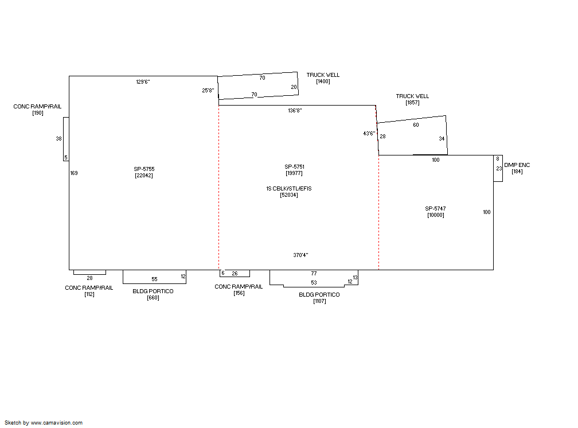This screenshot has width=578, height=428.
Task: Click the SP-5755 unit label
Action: (x=144, y=169)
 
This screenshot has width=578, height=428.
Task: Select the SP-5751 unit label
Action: (x=295, y=167)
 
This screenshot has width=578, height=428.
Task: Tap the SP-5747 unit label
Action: (x=435, y=208)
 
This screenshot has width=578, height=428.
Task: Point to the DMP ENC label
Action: (x=517, y=165)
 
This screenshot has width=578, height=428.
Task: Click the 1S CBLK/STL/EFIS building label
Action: (x=289, y=189)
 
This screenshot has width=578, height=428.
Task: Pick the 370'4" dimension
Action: (x=301, y=255)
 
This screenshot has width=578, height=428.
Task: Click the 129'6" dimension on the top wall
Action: (x=143, y=81)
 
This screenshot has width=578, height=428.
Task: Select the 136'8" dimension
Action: (x=295, y=110)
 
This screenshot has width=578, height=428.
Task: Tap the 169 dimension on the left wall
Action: (x=74, y=173)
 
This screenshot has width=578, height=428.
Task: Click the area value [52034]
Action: (x=289, y=195)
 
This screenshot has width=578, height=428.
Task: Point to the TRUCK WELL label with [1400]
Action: (x=323, y=75)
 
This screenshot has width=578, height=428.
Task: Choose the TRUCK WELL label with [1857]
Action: (x=412, y=96)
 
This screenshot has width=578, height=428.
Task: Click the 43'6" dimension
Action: (x=369, y=133)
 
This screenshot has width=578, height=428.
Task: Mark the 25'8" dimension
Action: (x=208, y=91)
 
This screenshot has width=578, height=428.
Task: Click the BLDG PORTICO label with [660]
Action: (x=153, y=291)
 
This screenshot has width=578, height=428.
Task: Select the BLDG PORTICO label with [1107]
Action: (x=319, y=294)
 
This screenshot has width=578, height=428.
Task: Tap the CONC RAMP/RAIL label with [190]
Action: (x=38, y=106)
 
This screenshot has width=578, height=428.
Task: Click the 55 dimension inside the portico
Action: (x=154, y=279)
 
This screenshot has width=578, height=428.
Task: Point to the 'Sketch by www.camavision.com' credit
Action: (x=44, y=423)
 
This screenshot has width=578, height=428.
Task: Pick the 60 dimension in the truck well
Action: (x=416, y=125)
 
